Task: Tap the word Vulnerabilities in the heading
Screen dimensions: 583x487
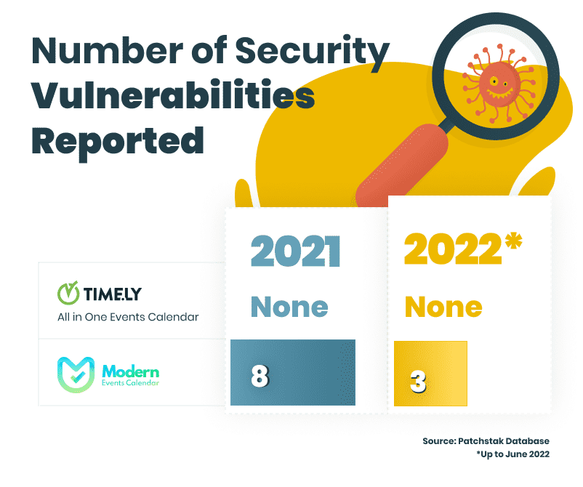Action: (173, 94)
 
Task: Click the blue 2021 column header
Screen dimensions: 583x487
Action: (295, 251)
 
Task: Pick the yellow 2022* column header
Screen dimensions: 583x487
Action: (463, 248)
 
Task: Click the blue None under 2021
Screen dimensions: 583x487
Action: (289, 307)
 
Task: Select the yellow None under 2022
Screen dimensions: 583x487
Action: (443, 307)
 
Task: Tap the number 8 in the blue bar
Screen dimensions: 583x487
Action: (260, 376)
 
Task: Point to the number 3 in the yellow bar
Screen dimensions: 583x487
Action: (418, 382)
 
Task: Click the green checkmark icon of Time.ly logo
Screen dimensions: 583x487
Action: (68, 293)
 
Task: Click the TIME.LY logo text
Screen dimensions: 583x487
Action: (112, 294)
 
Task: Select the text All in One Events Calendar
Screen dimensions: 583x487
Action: (128, 317)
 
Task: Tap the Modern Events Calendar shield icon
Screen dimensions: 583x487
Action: (76, 375)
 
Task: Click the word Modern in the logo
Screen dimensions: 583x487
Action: (131, 371)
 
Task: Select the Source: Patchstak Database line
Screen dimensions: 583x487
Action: (486, 441)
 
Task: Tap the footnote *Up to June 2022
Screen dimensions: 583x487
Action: (512, 454)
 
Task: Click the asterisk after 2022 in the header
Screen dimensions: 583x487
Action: (513, 240)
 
